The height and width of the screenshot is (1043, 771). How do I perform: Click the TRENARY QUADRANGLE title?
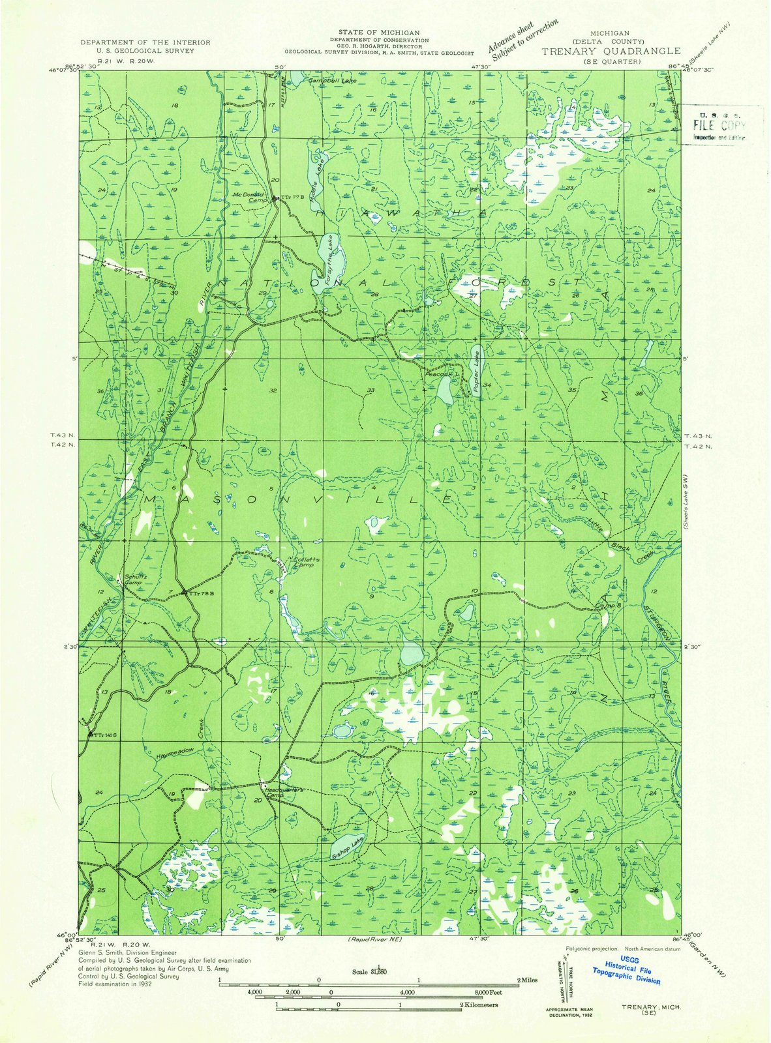(611, 51)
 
